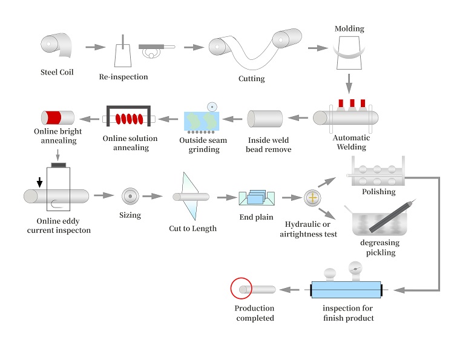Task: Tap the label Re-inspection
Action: click(x=123, y=77)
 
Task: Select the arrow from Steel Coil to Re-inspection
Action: click(x=94, y=47)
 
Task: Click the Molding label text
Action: click(x=349, y=28)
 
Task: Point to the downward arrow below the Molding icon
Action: click(x=349, y=82)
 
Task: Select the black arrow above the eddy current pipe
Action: click(x=40, y=182)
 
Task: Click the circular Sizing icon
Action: click(x=130, y=195)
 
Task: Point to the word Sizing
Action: click(x=130, y=215)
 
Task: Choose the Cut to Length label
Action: click(x=192, y=228)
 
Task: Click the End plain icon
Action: click(x=257, y=198)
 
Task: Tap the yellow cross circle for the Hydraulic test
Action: click(x=312, y=197)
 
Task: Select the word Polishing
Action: click(x=378, y=192)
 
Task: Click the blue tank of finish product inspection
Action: click(x=344, y=290)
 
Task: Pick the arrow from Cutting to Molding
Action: click(x=317, y=47)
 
